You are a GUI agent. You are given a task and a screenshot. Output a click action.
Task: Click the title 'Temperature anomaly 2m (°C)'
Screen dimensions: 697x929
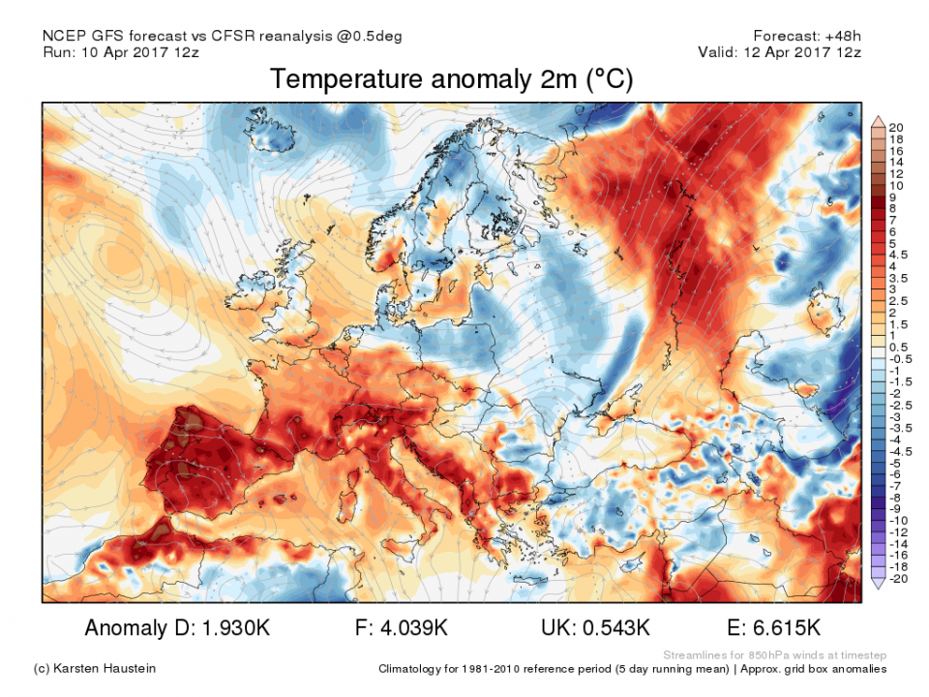pyautogui.click(x=451, y=79)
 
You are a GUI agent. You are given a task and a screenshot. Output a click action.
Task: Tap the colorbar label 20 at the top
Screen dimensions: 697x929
pyautogui.click(x=896, y=128)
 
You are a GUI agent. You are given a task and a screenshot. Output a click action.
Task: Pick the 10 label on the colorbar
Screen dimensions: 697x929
pyautogui.click(x=896, y=185)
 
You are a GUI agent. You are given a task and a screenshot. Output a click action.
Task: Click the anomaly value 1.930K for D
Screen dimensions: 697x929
pyautogui.click(x=230, y=628)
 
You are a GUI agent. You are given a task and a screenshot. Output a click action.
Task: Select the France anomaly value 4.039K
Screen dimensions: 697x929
pyautogui.click(x=416, y=628)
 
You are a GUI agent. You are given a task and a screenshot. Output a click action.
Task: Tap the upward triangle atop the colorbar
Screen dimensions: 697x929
pyautogui.click(x=878, y=119)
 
